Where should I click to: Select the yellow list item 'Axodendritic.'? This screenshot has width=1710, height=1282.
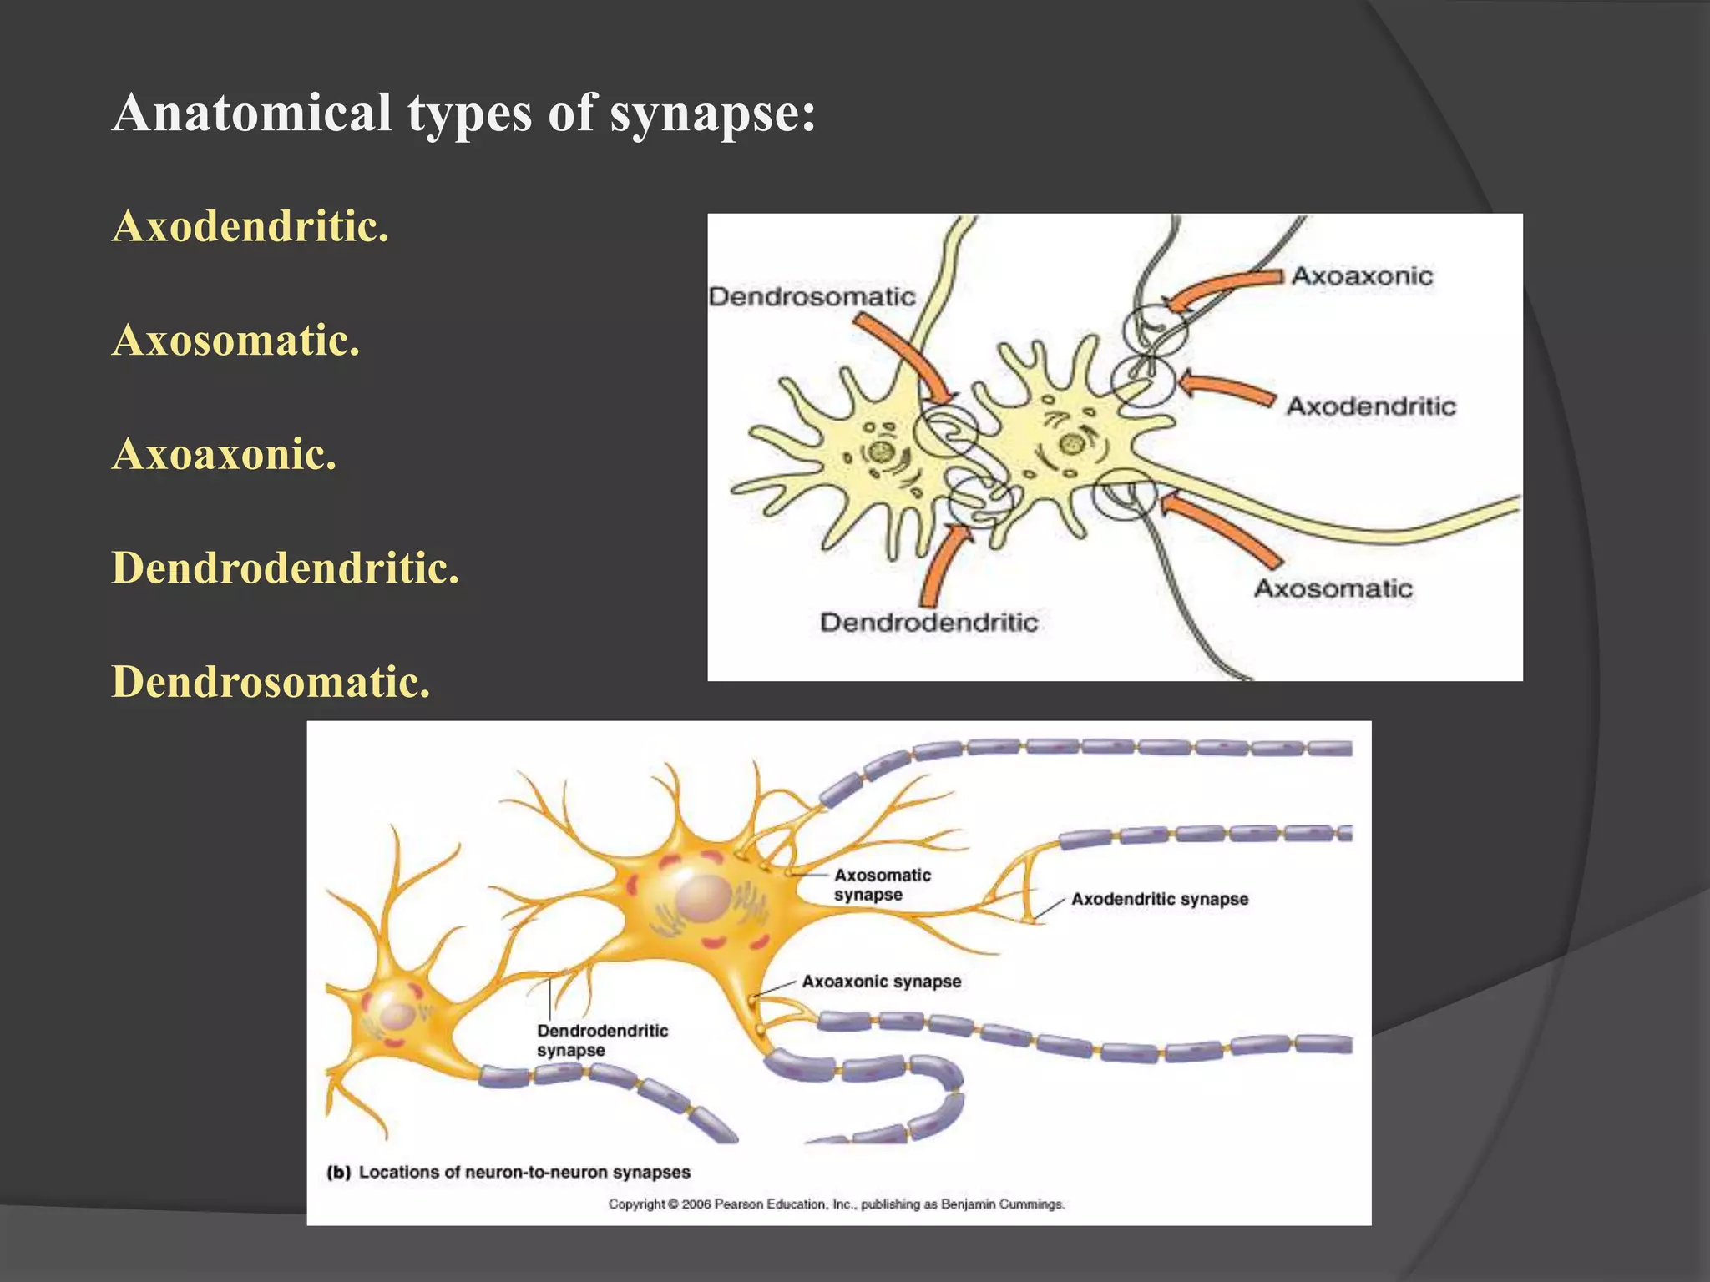click(x=250, y=226)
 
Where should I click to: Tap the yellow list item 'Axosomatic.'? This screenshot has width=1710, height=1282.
click(x=236, y=341)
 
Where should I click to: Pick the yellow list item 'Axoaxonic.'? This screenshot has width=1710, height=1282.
click(x=225, y=454)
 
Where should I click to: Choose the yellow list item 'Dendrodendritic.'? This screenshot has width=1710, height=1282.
click(x=286, y=568)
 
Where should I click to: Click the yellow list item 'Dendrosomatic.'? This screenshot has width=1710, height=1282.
click(x=271, y=682)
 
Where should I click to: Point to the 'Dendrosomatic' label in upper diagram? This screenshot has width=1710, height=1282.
click(x=812, y=296)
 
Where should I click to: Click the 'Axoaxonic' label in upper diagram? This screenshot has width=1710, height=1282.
click(x=1362, y=275)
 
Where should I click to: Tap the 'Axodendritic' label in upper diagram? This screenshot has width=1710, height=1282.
click(x=1370, y=406)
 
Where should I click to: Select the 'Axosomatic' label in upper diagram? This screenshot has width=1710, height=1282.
click(x=1333, y=588)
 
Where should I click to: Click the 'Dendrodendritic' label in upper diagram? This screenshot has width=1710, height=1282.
click(x=928, y=622)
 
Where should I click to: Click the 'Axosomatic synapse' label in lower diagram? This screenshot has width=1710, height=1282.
click(x=882, y=885)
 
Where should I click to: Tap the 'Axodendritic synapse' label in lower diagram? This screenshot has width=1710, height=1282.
click(x=1160, y=899)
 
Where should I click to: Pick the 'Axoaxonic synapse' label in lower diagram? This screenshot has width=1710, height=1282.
click(x=881, y=982)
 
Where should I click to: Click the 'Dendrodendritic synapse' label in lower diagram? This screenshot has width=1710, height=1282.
click(x=602, y=1040)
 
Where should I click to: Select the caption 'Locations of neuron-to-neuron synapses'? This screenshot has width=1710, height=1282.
click(x=524, y=1172)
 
